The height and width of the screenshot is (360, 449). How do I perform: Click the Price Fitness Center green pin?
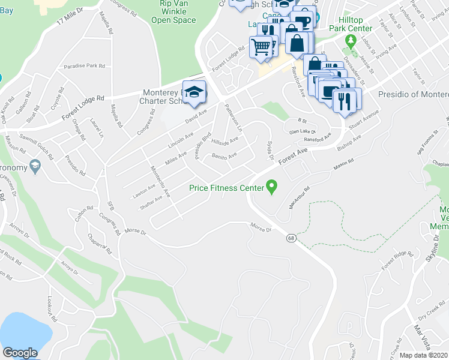click(x=271, y=187)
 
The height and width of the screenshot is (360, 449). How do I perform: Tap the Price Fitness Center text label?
click(x=227, y=188)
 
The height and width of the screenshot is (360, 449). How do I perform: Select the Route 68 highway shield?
click(x=290, y=238)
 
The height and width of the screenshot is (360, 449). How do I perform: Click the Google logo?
click(x=20, y=353)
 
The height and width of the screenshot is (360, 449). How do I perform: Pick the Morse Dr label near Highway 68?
click(x=261, y=227)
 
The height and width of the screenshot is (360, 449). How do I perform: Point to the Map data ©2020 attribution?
click(x=424, y=355)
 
